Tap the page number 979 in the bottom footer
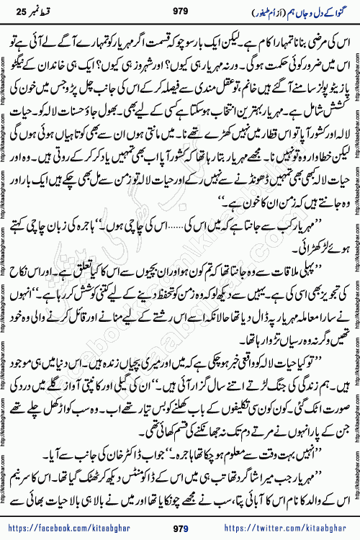coord(180,529)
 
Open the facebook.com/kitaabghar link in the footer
coord(73,529)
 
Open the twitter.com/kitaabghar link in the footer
coord(288,529)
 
